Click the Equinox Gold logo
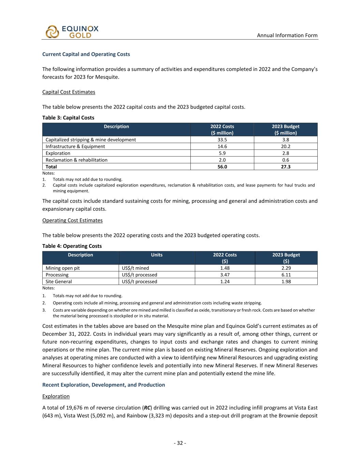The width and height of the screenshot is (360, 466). click(x=72, y=32)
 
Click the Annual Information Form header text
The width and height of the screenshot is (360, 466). click(x=287, y=35)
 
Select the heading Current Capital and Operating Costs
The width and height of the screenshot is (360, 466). click(x=86, y=54)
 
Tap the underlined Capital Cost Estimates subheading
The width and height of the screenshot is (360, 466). click(x=69, y=92)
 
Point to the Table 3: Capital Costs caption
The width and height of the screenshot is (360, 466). click(x=68, y=117)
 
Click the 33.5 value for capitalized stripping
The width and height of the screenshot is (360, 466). click(x=222, y=140)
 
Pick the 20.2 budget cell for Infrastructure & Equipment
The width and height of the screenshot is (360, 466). click(x=286, y=146)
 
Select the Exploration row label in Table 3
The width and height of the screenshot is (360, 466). click(x=58, y=153)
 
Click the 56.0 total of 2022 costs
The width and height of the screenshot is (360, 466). click(x=222, y=167)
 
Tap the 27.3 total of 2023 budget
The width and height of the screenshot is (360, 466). click(x=286, y=167)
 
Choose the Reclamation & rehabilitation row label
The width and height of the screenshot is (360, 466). click(x=76, y=160)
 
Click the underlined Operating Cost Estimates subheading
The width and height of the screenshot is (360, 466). click(x=72, y=220)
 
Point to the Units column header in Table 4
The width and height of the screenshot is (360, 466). click(x=157, y=255)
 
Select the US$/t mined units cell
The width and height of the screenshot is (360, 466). click(x=135, y=268)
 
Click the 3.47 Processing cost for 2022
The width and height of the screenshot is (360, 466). click(x=225, y=275)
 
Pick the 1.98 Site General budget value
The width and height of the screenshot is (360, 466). click(x=286, y=282)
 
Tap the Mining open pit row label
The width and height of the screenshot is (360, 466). click(x=62, y=268)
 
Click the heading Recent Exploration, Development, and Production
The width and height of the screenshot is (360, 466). click(x=103, y=385)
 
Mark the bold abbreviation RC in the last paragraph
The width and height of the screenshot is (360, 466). click(x=147, y=408)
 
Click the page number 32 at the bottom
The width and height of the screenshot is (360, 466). click(x=180, y=443)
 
